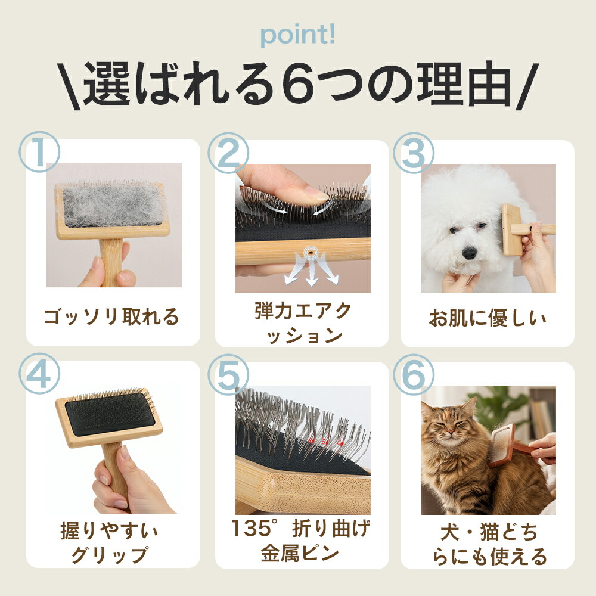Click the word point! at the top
coord(297,36)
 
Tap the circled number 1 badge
coord(39,151)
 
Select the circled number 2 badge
coord(228,153)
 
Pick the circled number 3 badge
coord(414,153)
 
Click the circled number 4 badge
coord(39,373)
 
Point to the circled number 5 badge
coord(228,374)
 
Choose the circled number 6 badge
coord(414,374)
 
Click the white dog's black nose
coord(470,252)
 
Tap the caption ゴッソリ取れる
coord(111,316)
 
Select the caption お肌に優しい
coord(488,318)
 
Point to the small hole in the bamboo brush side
coord(311,252)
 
